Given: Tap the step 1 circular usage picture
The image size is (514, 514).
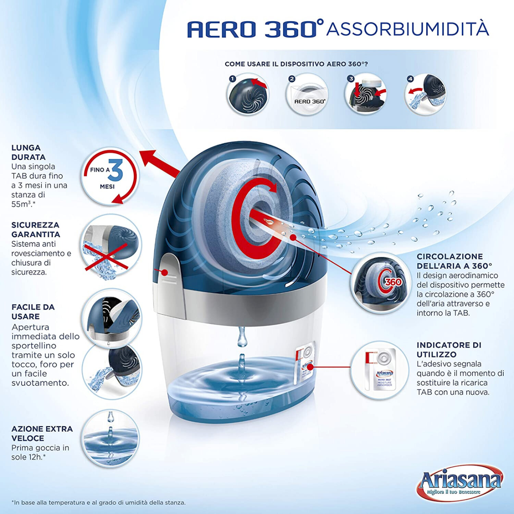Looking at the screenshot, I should tap(247, 94).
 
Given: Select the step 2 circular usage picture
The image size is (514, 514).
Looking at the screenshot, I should tap(307, 95).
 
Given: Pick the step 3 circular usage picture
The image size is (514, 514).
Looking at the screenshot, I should tap(366, 94).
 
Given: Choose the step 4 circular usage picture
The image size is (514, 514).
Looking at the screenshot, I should tap(426, 95).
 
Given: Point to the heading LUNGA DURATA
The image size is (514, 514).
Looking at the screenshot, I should tap(28, 152).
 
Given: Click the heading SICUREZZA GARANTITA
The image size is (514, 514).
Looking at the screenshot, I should tap(36, 230).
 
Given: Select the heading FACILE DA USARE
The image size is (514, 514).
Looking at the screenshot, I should tap(33, 311).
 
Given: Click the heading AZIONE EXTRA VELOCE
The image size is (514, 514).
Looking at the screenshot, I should tap(42, 433).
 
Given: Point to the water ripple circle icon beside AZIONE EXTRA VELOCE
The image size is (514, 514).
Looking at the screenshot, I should tap(111, 439).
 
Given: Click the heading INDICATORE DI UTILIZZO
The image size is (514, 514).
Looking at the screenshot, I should tap(449, 350).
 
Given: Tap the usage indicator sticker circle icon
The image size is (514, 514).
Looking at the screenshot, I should tap(379, 370).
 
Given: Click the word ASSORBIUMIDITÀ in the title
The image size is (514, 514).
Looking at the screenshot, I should tap(407, 29).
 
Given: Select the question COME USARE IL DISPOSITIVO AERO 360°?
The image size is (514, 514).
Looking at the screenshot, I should tap(296, 64).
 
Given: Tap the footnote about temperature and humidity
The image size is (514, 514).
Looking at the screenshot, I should tap(99, 502).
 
